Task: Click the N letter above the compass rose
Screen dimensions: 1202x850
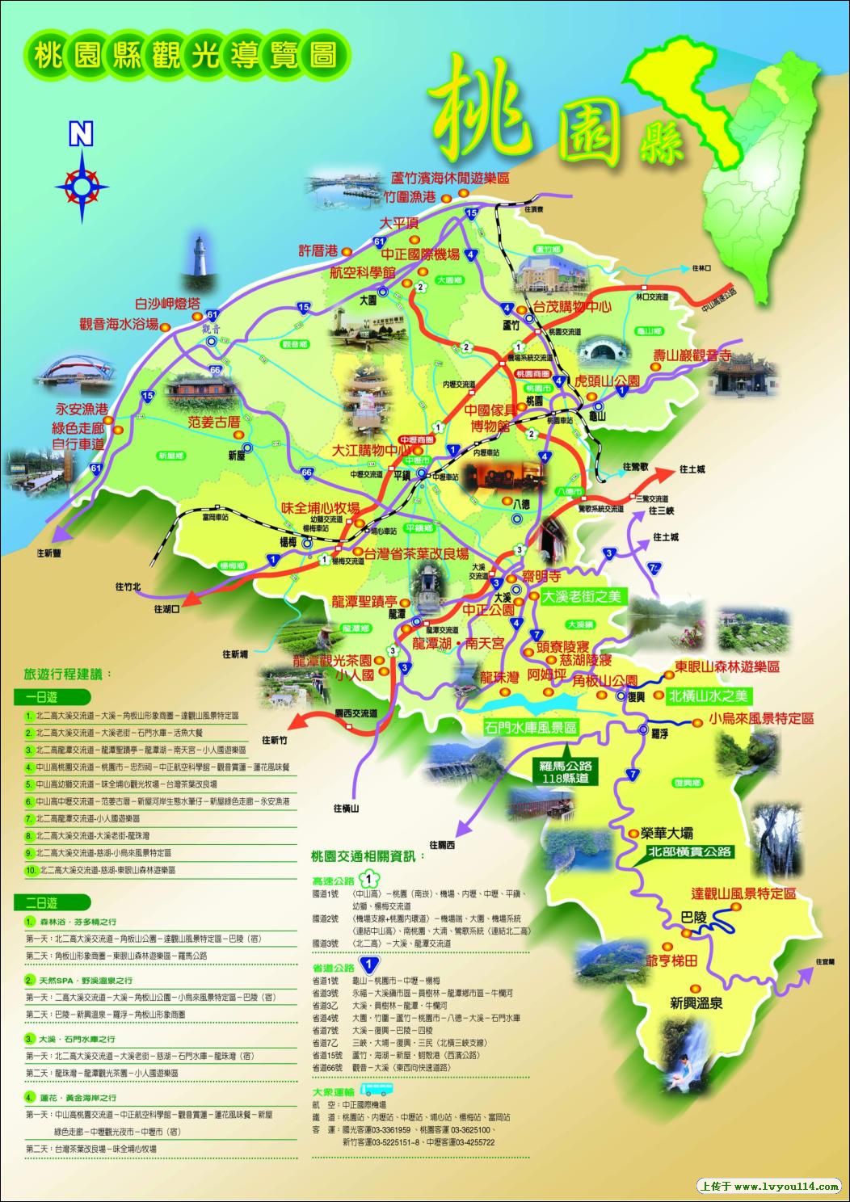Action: [x=80, y=135]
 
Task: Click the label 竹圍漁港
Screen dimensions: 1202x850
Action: [x=410, y=197]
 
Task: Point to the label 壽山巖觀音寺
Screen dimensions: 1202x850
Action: [x=692, y=355]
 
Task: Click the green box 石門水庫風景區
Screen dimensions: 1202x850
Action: [x=531, y=727]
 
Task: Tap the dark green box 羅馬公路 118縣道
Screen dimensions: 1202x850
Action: [x=565, y=771]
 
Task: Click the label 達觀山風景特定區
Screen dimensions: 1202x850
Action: [x=744, y=893]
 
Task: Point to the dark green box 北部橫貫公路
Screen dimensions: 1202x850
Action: [x=689, y=851]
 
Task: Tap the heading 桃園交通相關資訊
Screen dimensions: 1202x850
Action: [x=367, y=855]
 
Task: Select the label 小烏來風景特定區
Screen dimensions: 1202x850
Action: [x=760, y=718]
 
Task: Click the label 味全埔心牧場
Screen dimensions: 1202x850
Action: [x=320, y=507]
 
